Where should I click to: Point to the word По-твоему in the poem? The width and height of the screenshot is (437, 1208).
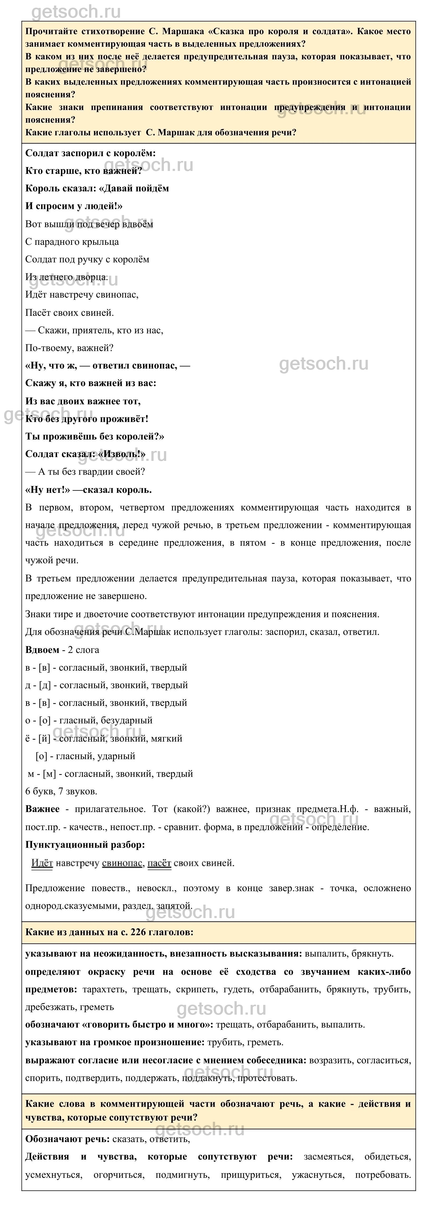(46, 348)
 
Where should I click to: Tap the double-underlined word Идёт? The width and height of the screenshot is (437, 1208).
(42, 863)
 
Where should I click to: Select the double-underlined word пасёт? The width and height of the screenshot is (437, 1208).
(159, 863)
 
